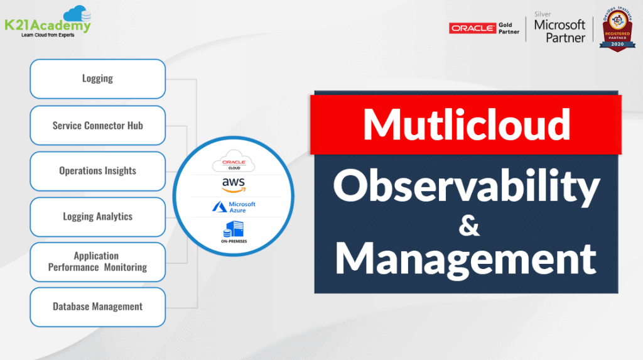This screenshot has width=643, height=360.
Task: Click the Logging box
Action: [97, 79]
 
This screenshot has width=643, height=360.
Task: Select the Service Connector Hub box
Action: [97, 125]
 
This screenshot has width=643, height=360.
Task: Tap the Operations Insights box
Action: [97, 171]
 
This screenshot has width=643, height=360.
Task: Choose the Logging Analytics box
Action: [97, 217]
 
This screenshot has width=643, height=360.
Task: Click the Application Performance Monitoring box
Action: [97, 261]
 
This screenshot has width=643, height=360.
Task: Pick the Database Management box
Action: [97, 307]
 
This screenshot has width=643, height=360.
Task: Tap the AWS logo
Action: [233, 185]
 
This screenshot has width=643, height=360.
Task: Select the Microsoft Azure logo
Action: [233, 207]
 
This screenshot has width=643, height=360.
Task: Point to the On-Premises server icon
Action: [233, 229]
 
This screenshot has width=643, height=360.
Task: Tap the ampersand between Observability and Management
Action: [468, 226]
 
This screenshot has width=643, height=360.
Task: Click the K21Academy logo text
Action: [47, 26]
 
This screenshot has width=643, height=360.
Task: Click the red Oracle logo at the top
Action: [472, 28]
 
